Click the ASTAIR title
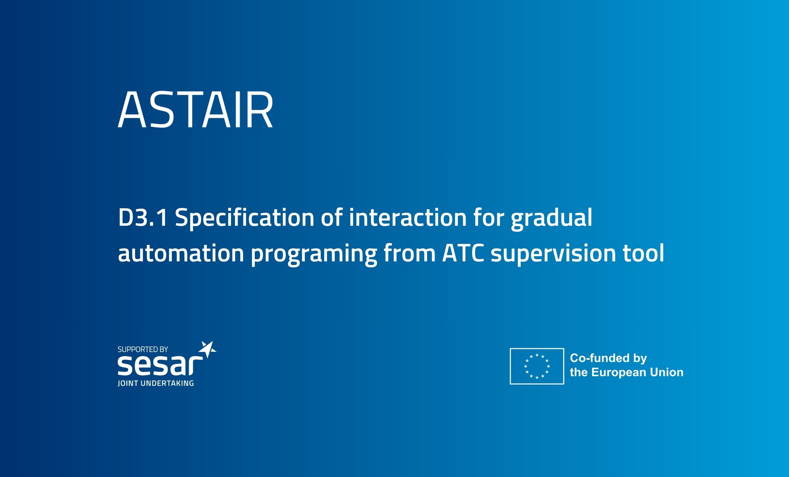(x=195, y=109)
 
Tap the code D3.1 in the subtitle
(x=143, y=218)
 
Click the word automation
(x=181, y=253)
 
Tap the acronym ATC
(x=463, y=253)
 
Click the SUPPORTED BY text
(x=143, y=349)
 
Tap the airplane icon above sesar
(x=207, y=349)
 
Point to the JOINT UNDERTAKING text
(x=156, y=383)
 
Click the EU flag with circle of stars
(x=537, y=366)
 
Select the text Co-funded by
(x=608, y=359)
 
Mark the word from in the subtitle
(x=409, y=252)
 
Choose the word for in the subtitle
(x=489, y=218)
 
